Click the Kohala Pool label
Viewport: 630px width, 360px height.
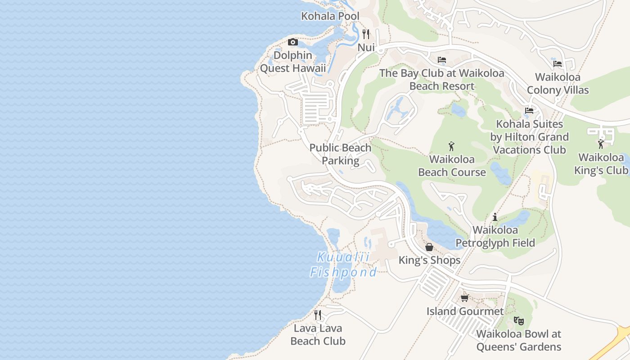[x=330, y=17]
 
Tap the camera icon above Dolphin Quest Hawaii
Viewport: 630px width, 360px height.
[x=293, y=42]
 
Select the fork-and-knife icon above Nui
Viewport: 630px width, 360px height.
[x=366, y=34]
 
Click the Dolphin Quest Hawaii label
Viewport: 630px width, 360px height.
[x=293, y=62]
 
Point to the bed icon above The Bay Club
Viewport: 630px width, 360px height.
[x=442, y=60]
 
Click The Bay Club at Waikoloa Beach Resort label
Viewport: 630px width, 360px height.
[x=441, y=80]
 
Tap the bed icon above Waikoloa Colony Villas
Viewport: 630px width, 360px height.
[x=558, y=64]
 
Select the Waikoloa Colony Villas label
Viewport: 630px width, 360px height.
[x=558, y=84]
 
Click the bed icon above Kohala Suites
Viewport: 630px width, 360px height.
[x=529, y=110]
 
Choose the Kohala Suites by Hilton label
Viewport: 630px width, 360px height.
[x=529, y=137]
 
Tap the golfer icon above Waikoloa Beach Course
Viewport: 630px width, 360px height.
[x=452, y=146]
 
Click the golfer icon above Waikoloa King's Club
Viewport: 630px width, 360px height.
[x=601, y=144]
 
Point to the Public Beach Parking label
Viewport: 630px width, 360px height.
[x=341, y=154]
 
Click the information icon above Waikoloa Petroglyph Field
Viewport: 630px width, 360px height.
[x=495, y=217]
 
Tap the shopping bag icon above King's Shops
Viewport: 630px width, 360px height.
[x=429, y=247]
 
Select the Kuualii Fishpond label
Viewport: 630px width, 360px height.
[x=343, y=265]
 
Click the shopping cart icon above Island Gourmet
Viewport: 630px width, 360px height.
[x=465, y=298]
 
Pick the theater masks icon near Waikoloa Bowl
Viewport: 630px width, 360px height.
[x=519, y=321]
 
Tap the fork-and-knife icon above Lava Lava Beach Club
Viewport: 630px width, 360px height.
[x=318, y=315]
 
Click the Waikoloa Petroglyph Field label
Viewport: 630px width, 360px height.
[x=495, y=237]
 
